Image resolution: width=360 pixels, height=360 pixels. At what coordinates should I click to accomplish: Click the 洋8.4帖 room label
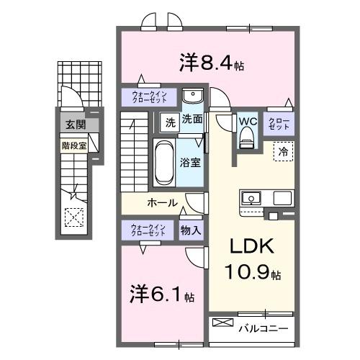click(x=211, y=63)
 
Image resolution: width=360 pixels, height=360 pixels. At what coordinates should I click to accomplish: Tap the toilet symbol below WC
click(x=248, y=136)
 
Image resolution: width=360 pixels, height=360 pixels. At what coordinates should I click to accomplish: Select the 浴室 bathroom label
click(x=191, y=163)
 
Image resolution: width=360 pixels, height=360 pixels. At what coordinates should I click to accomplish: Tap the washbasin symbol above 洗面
click(x=192, y=97)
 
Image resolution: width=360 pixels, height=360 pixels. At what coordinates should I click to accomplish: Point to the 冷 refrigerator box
click(x=284, y=152)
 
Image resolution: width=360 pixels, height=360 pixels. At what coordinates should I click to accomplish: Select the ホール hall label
click(x=163, y=203)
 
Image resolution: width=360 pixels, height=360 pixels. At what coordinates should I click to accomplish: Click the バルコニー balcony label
click(x=264, y=329)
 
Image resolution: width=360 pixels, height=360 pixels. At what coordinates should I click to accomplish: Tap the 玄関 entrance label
click(x=74, y=125)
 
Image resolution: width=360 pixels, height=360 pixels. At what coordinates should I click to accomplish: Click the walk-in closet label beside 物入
click(x=148, y=230)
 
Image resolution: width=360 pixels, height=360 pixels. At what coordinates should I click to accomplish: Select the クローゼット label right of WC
click(x=279, y=123)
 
